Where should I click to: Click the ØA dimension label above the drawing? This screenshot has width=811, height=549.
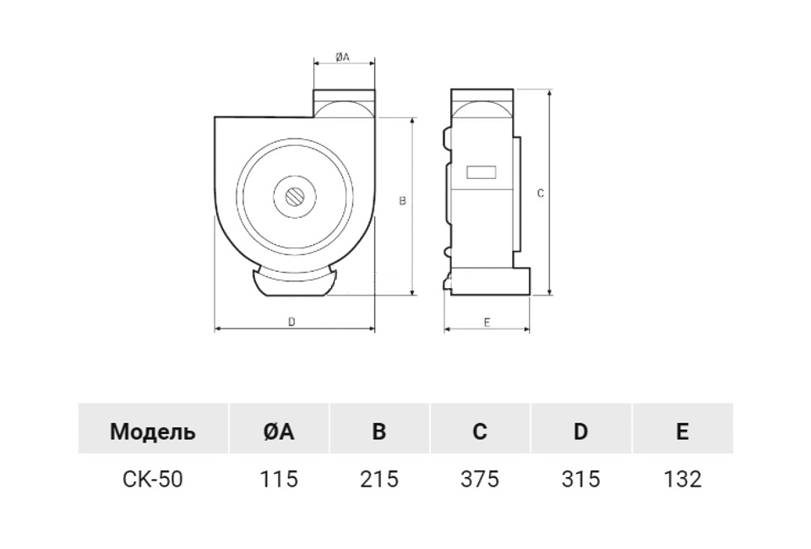342,57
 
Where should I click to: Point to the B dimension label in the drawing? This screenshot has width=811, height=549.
403,201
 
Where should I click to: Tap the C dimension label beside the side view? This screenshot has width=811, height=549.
540,193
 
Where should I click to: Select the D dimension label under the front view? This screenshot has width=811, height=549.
291,322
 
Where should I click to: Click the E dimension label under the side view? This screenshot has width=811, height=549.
487,323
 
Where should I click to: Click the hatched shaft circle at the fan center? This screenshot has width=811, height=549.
295,198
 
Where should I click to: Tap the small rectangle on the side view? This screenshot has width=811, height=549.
482,172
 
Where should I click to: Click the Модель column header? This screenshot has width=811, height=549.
153,431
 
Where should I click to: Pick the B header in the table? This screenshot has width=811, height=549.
379,431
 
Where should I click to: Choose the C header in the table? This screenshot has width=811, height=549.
480,431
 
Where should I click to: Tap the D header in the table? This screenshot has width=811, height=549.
580,431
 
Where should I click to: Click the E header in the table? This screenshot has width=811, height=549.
683,431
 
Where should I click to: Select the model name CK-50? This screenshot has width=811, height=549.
153,479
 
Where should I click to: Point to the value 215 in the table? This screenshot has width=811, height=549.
379,479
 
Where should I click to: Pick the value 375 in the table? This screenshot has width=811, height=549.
480,479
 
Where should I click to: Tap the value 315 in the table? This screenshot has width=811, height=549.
580,479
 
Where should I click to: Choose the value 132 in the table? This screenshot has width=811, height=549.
683,479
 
